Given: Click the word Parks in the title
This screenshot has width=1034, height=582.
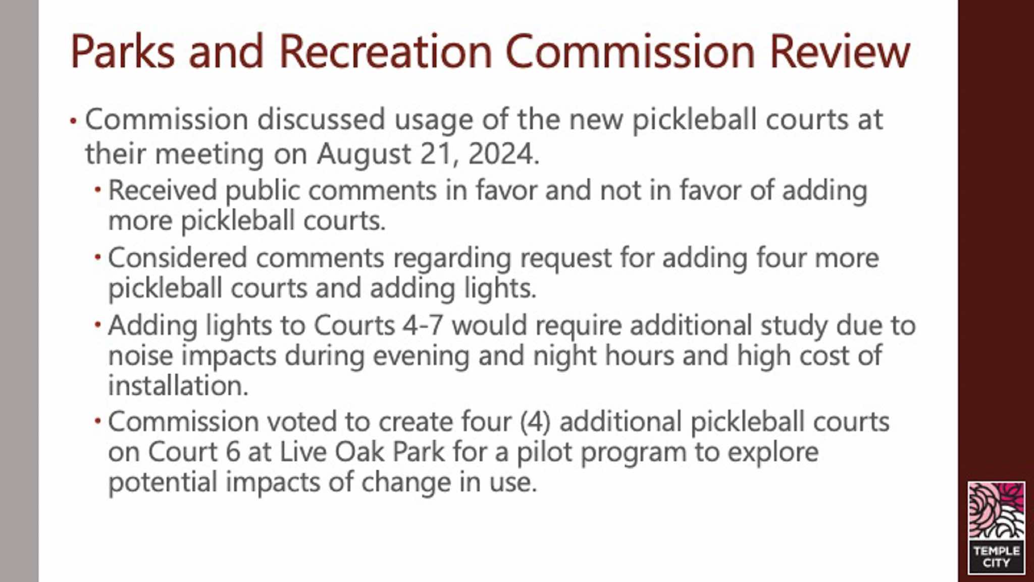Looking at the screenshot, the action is point(123,51).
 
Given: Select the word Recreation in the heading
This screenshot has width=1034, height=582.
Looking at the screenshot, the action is point(385,51).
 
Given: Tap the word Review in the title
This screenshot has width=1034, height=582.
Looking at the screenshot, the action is point(840,51).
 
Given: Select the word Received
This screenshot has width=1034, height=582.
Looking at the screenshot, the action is point(163,190).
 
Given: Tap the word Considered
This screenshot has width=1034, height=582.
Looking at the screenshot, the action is point(177,257).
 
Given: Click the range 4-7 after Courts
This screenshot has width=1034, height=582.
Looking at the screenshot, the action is point(423,325).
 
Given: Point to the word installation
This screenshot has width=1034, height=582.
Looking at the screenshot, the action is point(178,386).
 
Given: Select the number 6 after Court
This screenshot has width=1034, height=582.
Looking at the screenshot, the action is point(233,452).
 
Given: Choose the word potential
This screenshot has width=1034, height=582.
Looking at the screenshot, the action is point(163,482).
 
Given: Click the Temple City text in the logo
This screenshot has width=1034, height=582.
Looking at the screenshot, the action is point(997,557).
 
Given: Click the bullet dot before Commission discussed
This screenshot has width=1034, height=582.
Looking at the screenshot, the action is point(73,121).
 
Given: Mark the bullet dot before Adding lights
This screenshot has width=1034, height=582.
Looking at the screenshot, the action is point(97,325).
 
